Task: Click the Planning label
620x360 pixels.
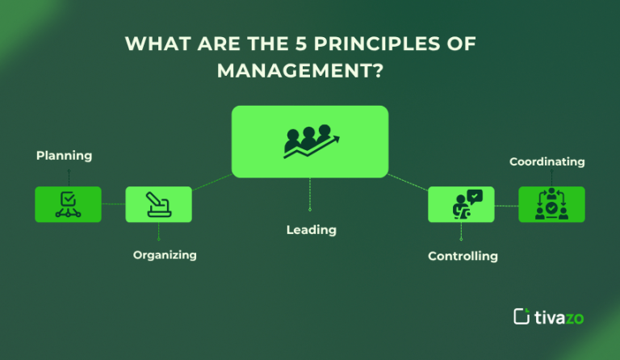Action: point(64,155)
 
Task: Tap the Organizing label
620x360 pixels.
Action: point(165,255)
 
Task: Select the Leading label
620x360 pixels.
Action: point(311,230)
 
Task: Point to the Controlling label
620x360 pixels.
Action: point(463,256)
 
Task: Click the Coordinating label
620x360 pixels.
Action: point(547,161)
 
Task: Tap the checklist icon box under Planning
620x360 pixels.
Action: point(68,204)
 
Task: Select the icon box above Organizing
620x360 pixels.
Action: point(158,204)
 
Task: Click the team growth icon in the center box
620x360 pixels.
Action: point(310,142)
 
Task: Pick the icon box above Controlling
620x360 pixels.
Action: point(461,204)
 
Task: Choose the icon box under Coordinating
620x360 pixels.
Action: point(551,204)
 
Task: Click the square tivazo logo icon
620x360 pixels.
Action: point(522,316)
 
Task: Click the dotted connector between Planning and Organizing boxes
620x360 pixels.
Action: point(113,204)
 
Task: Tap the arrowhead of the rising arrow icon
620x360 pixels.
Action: point(335,139)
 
